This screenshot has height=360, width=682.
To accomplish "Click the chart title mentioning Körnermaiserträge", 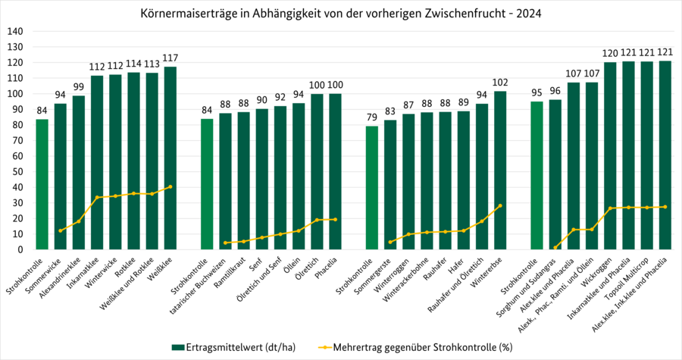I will pos(341,14).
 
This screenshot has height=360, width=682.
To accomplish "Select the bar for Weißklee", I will pos(170,159).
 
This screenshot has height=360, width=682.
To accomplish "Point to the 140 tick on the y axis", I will pos(15,32).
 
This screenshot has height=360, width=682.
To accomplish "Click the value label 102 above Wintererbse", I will pos(500,83).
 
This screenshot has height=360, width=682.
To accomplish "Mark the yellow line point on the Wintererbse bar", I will pos(500,205).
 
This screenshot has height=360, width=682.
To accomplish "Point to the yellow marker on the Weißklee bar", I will pos(170,186).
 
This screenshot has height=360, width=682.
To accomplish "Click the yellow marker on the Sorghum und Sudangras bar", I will pos(555,247).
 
